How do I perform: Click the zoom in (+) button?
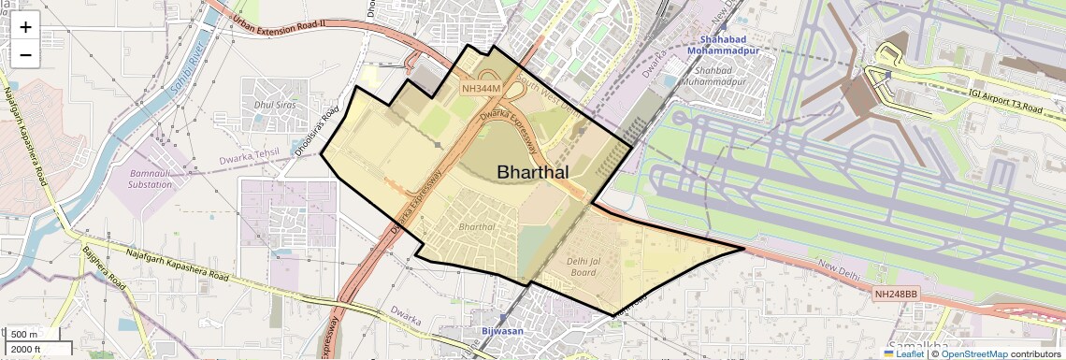click(25, 27)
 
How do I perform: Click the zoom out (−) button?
click(25, 55)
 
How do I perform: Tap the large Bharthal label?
click(532, 172)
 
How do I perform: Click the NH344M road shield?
click(482, 88)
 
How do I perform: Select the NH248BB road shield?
click(897, 294)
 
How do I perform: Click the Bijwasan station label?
click(495, 331)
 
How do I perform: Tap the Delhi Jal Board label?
click(582, 266)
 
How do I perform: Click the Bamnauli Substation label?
click(151, 180)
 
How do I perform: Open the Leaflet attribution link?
click(904, 353)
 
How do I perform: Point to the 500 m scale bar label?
click(25, 335)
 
